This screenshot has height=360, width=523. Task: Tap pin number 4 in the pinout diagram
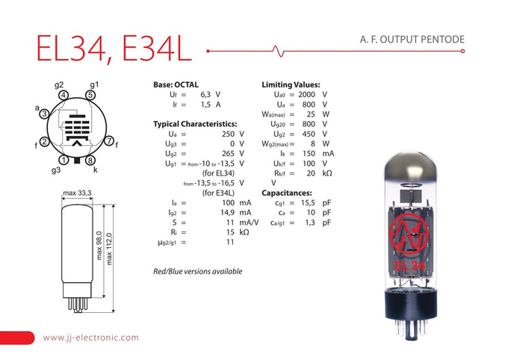coord(64,95)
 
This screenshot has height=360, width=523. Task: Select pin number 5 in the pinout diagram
coord(90,95)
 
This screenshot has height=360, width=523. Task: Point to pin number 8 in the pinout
coord(90,160)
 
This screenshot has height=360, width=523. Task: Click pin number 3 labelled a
coord(45,114)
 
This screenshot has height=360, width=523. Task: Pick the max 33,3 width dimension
coord(77,193)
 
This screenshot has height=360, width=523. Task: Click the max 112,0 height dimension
coord(110,252)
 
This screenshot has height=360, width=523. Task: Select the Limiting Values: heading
coord(291,84)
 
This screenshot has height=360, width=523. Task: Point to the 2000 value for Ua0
coord(306,95)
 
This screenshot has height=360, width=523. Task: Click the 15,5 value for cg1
coord(306,202)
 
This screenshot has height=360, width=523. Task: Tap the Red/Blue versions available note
coord(197,270)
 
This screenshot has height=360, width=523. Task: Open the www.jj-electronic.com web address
coord(91,338)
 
